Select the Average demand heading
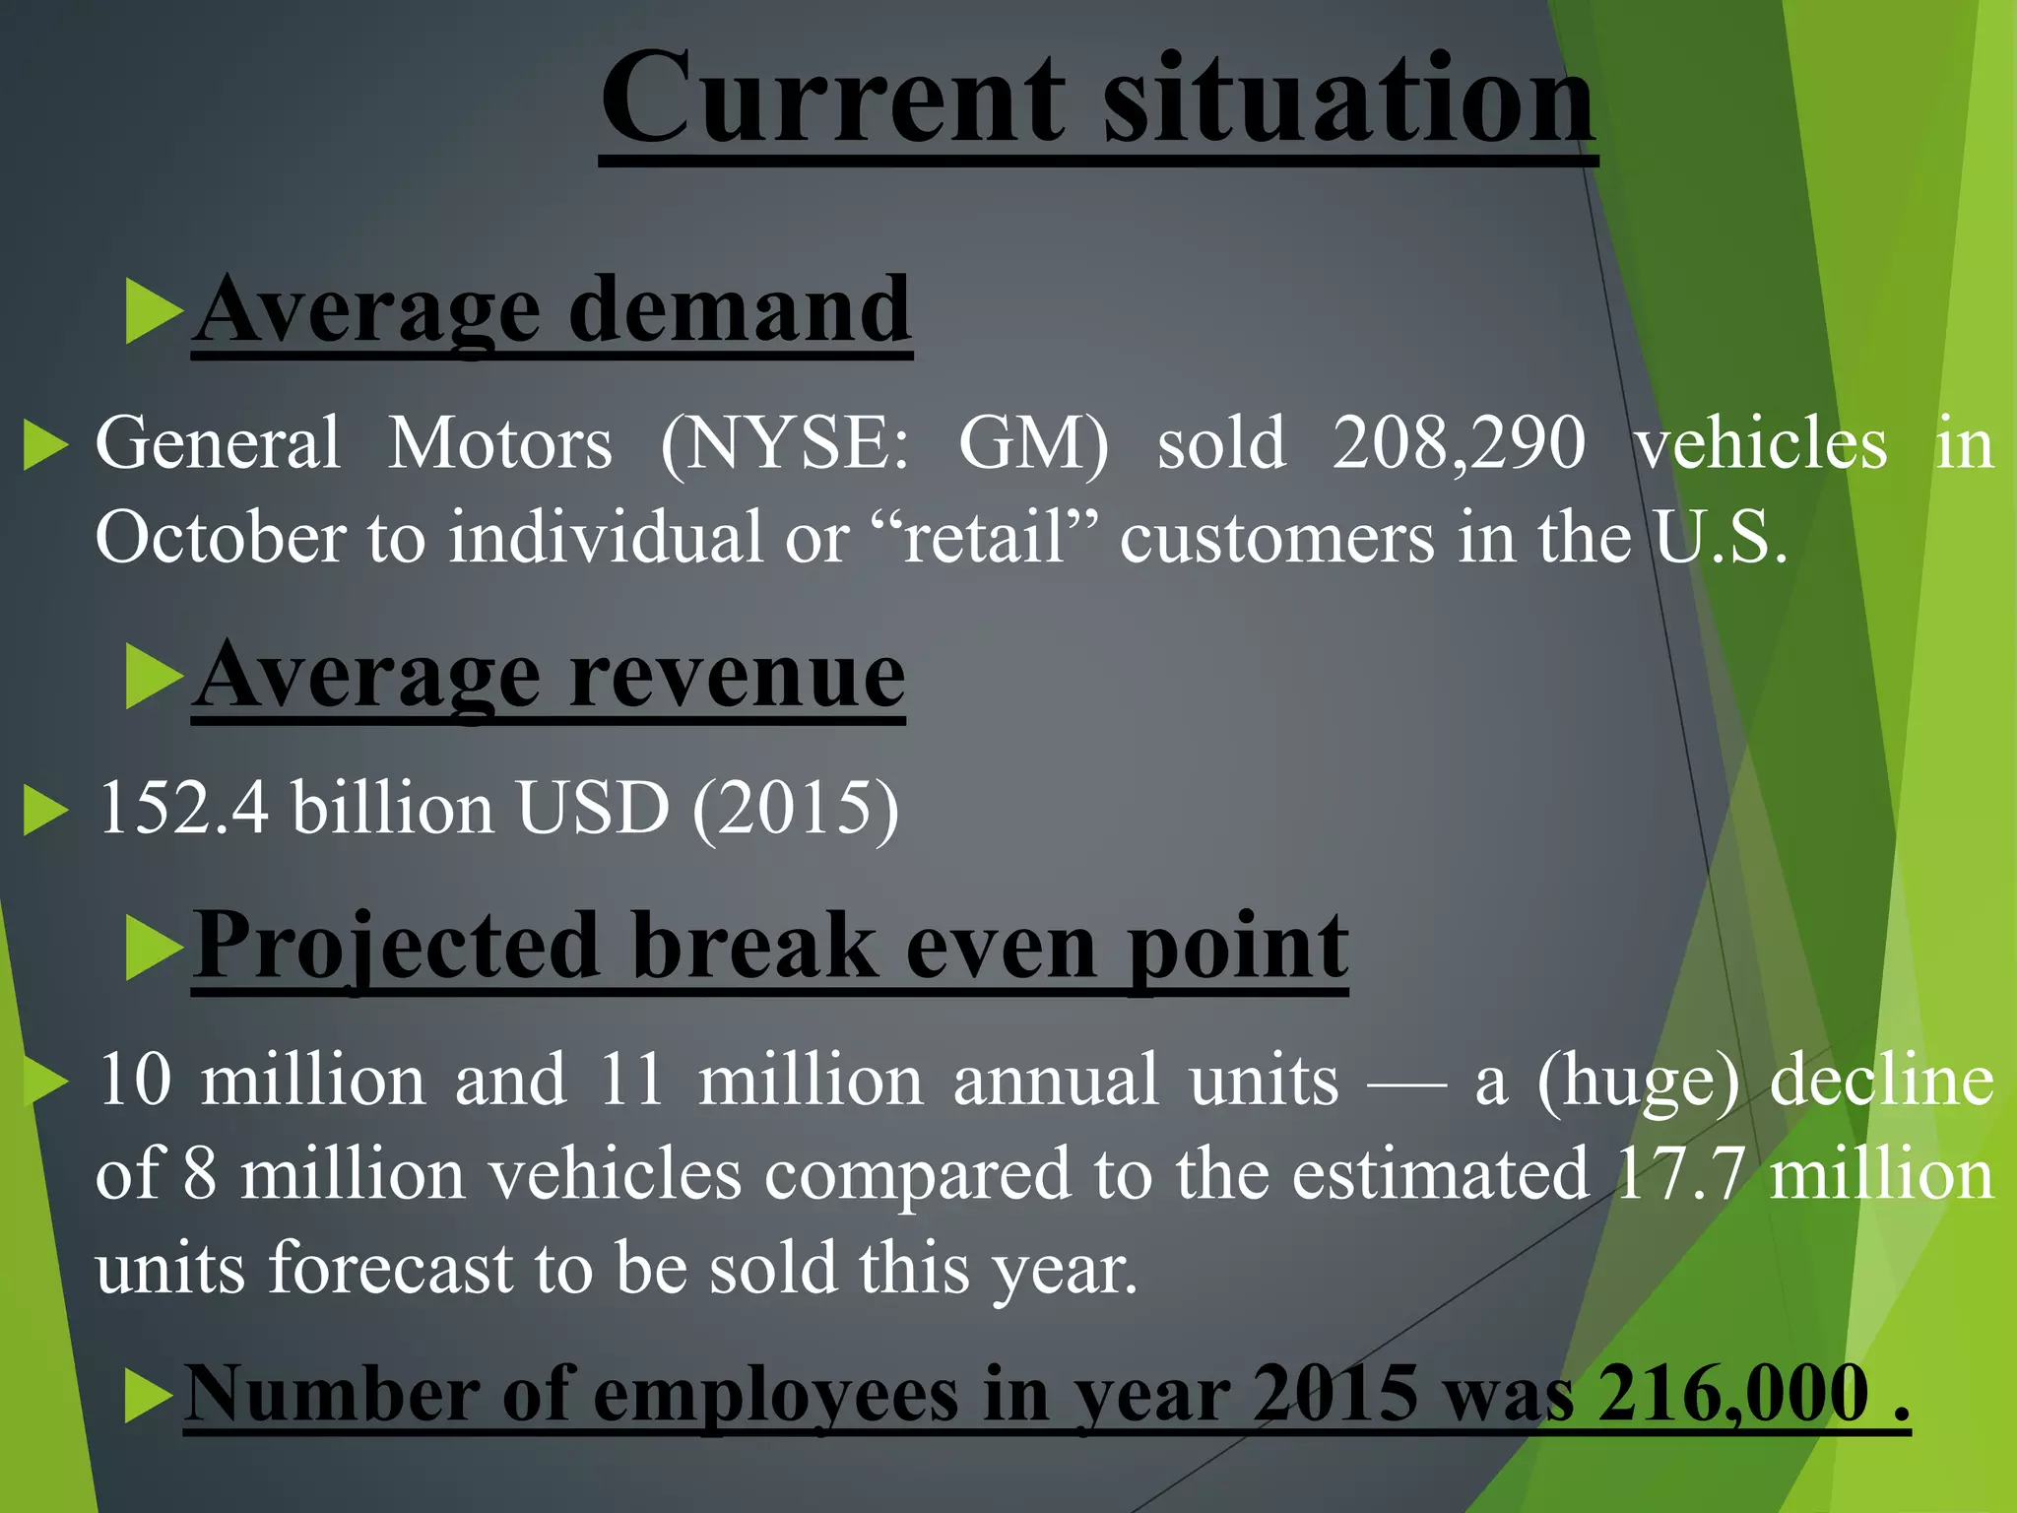click(552, 310)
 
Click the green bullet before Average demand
click(154, 311)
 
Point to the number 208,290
click(1459, 443)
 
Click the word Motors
click(499, 443)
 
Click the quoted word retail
click(985, 538)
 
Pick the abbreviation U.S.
click(1719, 538)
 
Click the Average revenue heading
click(549, 677)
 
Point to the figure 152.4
click(183, 808)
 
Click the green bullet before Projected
click(154, 948)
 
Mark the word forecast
click(391, 1268)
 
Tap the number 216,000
click(1733, 1395)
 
